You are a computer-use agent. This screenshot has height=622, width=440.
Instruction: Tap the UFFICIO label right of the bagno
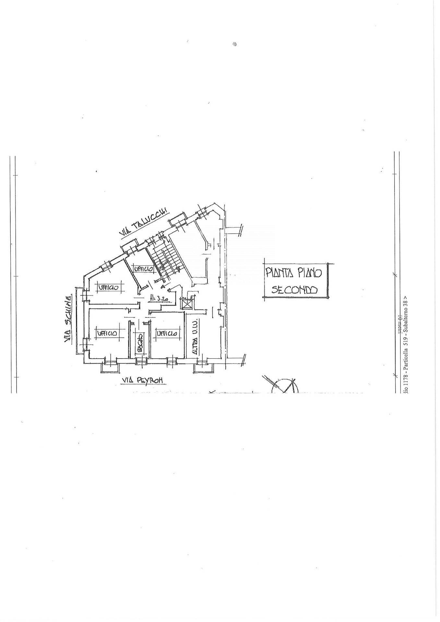[167, 333]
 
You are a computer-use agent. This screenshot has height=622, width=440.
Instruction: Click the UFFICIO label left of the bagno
[106, 333]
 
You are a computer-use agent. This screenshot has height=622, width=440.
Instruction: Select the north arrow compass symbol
[284, 385]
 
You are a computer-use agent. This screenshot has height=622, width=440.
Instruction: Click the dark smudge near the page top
[235, 44]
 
